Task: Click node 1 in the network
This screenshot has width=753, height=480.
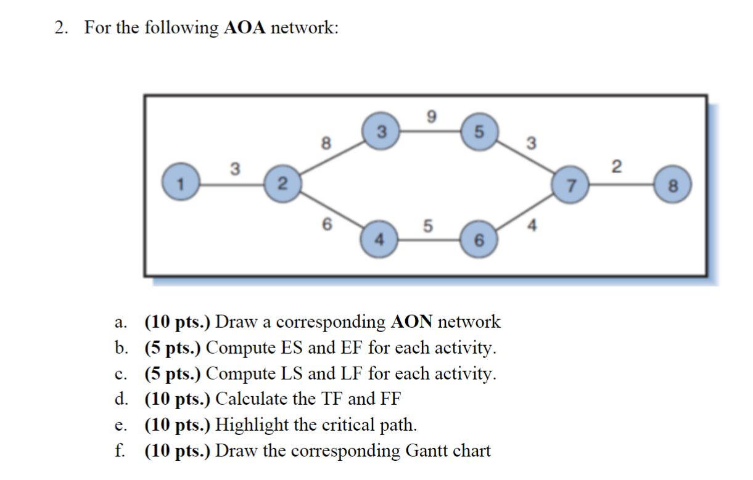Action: (181, 183)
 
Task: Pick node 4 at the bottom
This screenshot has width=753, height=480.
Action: (381, 239)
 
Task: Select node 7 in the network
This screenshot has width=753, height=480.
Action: (572, 184)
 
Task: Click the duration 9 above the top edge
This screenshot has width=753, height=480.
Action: (431, 115)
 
